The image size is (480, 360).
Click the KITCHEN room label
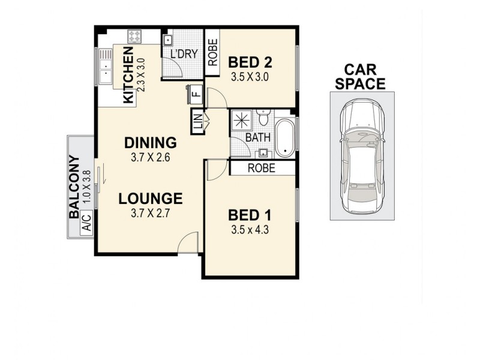pos(128,76)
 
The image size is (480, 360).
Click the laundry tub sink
pos(168,40)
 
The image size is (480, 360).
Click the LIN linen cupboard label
pos(197,122)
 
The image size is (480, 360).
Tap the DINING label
pos(150,143)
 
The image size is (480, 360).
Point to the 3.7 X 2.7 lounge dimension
pos(150,213)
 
